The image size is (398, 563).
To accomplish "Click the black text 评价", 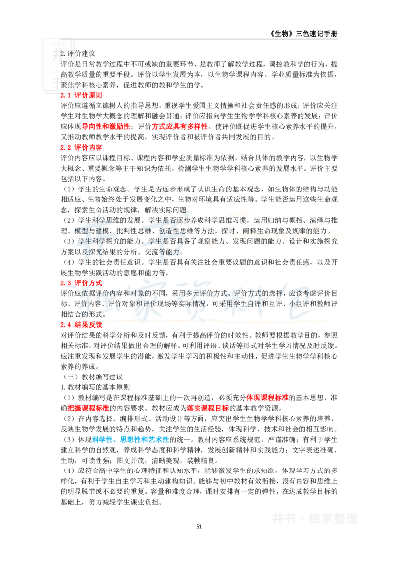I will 67,64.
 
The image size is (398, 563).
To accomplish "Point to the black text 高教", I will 67,74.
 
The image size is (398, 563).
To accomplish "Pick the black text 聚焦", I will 67,84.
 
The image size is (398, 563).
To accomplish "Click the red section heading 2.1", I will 81,95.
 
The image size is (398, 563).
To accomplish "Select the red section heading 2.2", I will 81,147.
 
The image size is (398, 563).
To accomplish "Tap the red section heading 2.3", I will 81,282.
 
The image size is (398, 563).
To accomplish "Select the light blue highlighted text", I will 131,440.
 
